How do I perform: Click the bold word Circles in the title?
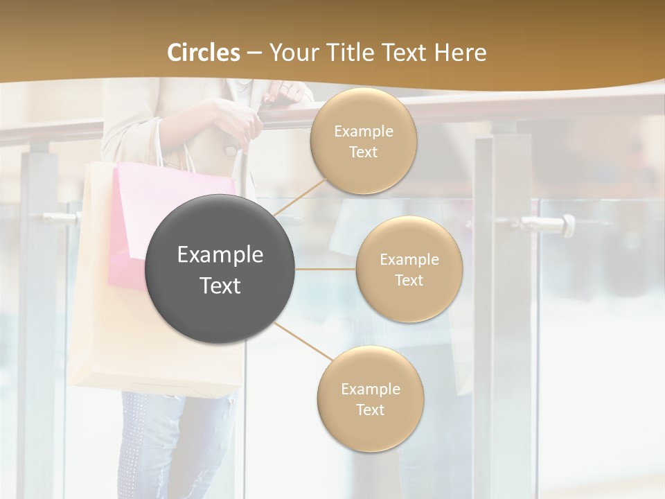204,53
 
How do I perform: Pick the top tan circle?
364,173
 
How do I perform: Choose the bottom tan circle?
371,430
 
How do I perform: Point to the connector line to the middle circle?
326,269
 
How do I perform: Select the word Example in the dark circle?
220,255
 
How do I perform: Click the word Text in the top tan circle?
364,152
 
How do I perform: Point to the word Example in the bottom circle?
371,389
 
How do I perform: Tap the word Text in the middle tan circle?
409,281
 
